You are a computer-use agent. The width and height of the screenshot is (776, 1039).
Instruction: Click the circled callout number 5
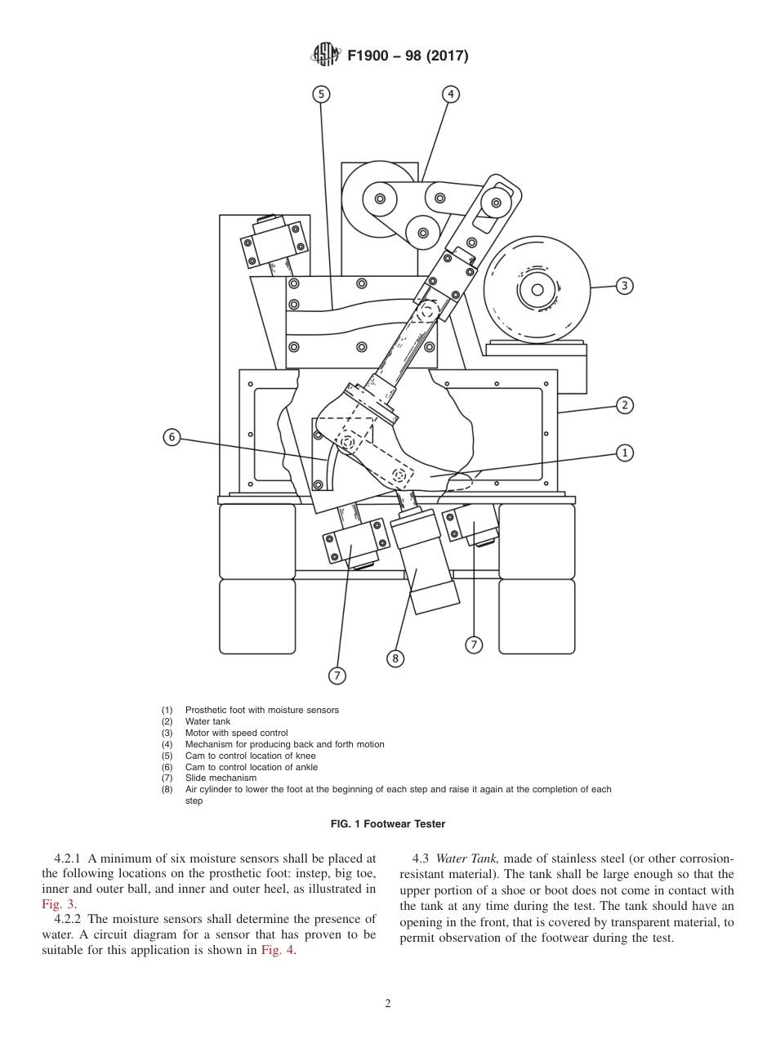click(321, 95)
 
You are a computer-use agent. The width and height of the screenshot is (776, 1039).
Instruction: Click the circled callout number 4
click(450, 95)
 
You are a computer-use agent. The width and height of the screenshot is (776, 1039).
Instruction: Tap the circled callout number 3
click(624, 286)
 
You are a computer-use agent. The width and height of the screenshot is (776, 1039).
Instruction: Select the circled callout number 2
click(624, 405)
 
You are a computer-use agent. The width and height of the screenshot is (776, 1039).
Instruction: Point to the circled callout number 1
click(624, 453)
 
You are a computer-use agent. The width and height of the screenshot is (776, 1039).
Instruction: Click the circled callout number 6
click(172, 437)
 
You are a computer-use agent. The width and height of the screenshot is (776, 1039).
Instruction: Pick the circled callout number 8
click(395, 658)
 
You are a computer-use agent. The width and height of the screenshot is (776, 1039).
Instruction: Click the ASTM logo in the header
click(325, 56)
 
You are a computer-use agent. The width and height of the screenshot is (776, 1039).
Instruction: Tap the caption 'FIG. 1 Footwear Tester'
click(388, 824)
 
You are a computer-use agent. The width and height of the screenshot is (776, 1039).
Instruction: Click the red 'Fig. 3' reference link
click(57, 903)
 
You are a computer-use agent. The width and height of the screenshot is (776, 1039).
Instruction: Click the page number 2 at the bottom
click(388, 1004)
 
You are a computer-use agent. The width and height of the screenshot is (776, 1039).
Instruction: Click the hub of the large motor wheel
click(537, 290)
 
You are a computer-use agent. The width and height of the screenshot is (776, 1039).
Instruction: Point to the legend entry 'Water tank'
click(207, 721)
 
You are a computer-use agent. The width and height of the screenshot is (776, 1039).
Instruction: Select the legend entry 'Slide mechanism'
click(221, 778)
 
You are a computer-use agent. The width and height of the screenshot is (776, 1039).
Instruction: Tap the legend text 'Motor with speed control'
click(236, 733)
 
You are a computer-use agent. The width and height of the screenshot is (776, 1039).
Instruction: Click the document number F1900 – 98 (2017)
click(408, 56)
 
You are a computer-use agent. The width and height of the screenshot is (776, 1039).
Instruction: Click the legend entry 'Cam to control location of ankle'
click(251, 767)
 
